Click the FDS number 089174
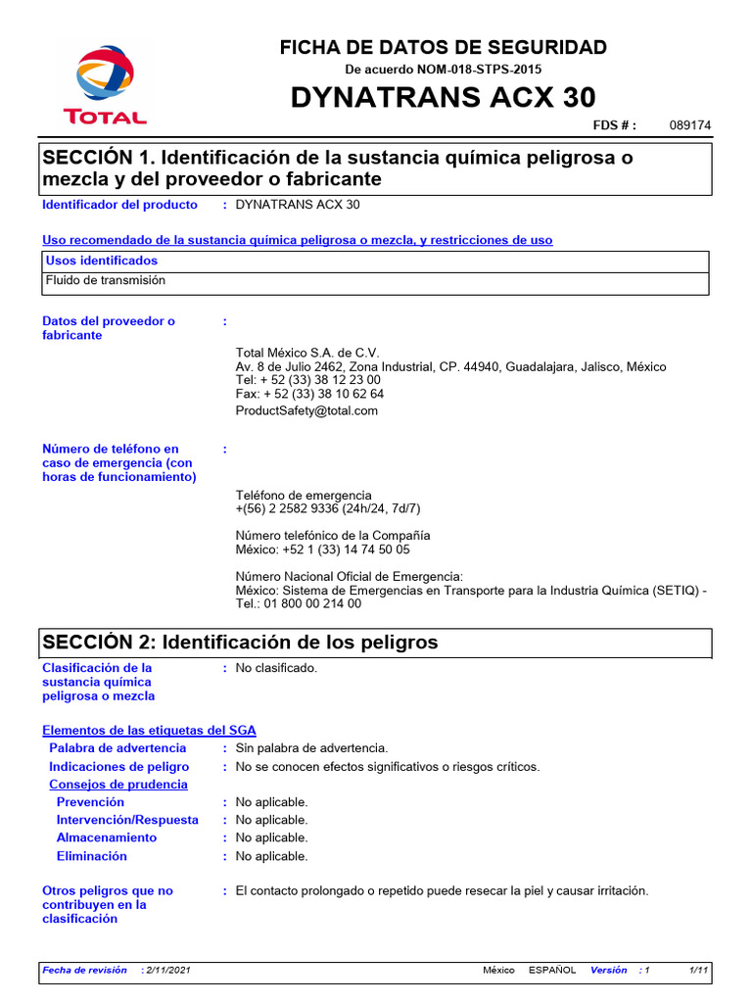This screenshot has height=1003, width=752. click(x=689, y=126)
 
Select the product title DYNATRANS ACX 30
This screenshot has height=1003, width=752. click(x=443, y=98)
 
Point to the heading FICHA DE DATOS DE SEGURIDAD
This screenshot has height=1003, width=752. click(x=443, y=47)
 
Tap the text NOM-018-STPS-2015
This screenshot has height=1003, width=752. click(x=481, y=70)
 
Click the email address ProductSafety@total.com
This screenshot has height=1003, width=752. click(x=306, y=411)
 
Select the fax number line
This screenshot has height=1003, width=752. click(x=309, y=394)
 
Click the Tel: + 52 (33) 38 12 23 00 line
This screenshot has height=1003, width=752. click(x=308, y=380)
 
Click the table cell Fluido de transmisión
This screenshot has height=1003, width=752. click(x=106, y=281)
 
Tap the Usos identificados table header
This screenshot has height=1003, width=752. click(x=102, y=262)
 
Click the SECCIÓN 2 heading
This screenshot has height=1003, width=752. click(x=240, y=643)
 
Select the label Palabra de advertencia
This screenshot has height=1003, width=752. click(x=117, y=748)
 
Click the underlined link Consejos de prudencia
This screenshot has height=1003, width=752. click(x=118, y=785)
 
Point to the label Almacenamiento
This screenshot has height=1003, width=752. click(x=106, y=838)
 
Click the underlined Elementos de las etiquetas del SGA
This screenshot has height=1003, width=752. click(x=149, y=731)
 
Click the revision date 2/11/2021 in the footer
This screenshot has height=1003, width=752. click(x=167, y=970)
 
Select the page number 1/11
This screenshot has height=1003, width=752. click(x=698, y=970)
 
